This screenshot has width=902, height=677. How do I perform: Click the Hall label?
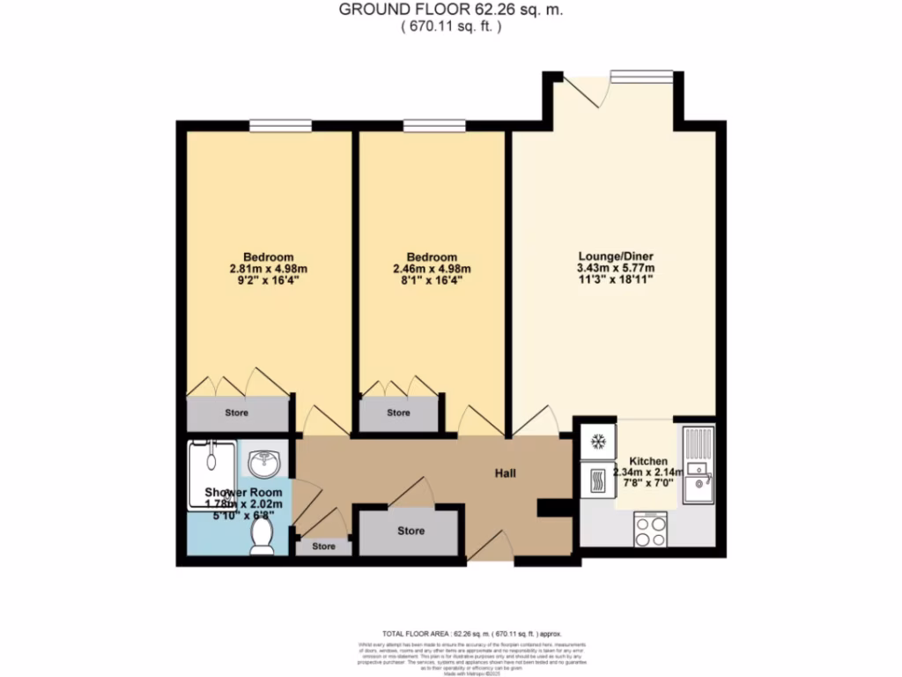click(x=504, y=473)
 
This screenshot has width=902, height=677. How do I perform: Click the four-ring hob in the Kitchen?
click(x=651, y=531)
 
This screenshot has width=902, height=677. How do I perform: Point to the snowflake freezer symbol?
click(x=596, y=441)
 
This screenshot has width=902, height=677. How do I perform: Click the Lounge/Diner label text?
click(x=614, y=257)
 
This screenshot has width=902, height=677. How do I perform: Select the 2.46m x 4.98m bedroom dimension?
click(x=432, y=270)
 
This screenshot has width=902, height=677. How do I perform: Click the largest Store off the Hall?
click(x=410, y=531)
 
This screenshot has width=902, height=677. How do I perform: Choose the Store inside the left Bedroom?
click(x=236, y=413)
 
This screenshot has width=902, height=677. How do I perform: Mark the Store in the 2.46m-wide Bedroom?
click(x=398, y=413)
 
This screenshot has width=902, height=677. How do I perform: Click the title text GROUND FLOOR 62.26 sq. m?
click(x=451, y=11)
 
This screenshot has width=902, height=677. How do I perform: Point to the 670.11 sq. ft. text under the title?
click(x=451, y=27)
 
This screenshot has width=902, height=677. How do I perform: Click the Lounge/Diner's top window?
click(x=641, y=76)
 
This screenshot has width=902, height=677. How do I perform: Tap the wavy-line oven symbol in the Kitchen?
click(x=596, y=481)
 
